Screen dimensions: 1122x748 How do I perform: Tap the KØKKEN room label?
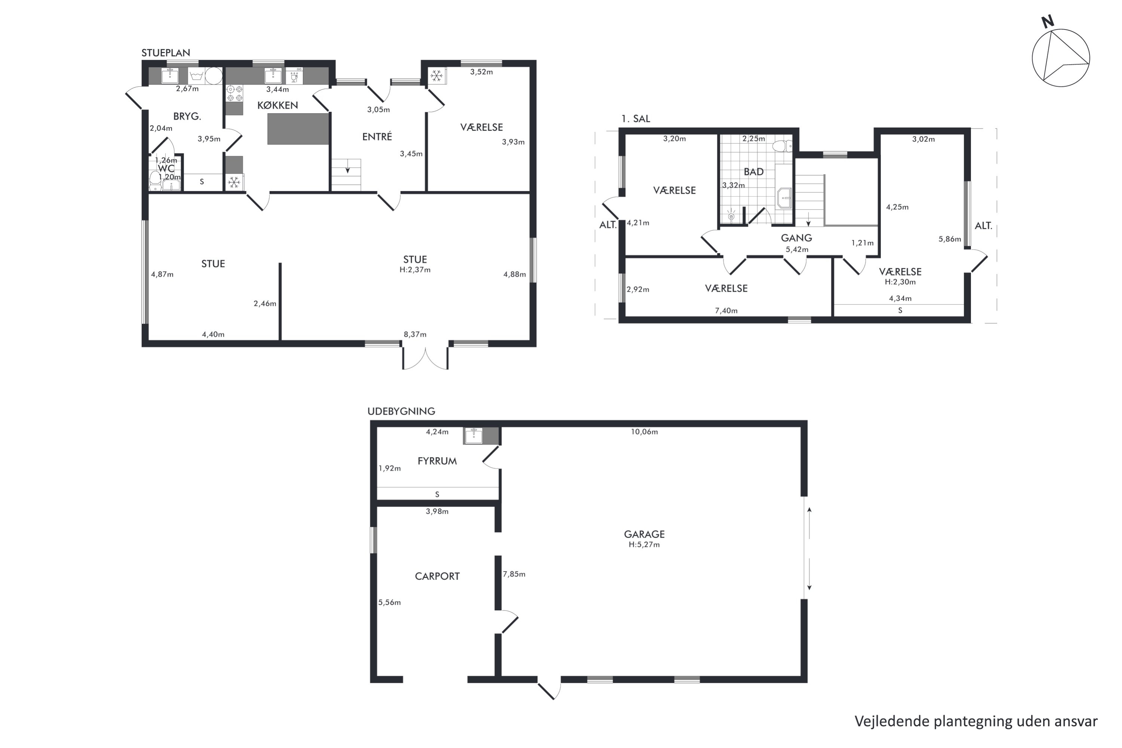tap(278, 105)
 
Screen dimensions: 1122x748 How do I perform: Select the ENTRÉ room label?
tap(377, 137)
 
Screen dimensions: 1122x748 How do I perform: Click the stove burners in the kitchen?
tap(234, 93)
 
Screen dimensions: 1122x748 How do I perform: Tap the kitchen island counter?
tap(298, 129)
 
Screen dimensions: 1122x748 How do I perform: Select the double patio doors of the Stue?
tap(425, 358)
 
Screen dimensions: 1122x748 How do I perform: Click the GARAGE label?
tap(644, 534)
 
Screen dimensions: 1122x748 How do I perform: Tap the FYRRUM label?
tap(437, 461)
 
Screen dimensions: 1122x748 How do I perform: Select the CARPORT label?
tap(437, 576)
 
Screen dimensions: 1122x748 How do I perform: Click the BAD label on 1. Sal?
tap(754, 172)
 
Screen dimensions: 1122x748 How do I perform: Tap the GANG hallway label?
tap(796, 237)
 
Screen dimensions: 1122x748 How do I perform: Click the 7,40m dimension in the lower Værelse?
tap(726, 310)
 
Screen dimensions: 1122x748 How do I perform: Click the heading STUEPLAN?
tap(166, 52)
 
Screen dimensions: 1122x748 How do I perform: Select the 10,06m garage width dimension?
tap(644, 432)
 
